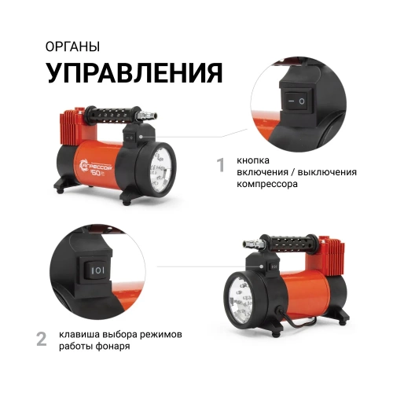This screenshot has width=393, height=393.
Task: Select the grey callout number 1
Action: (x=221, y=165)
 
